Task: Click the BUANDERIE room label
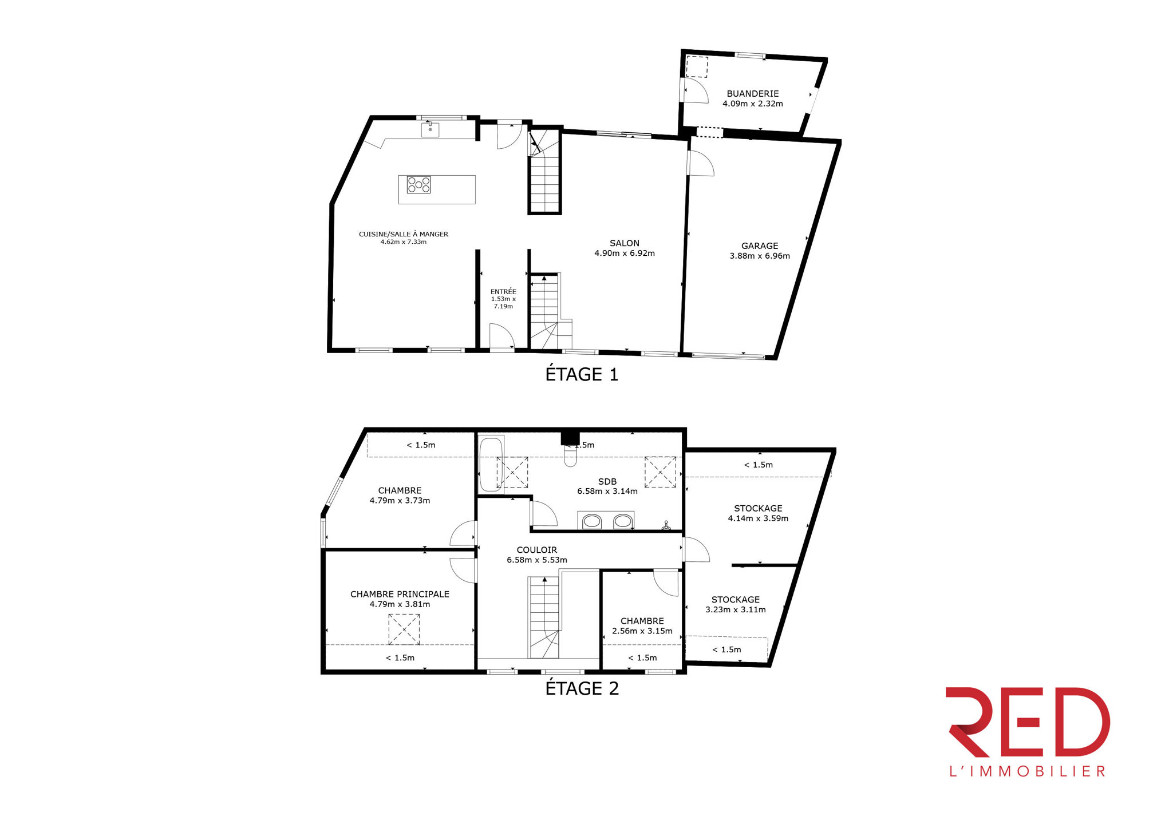[752, 93]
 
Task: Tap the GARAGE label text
[760, 245]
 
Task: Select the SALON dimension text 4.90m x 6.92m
[625, 253]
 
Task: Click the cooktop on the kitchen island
[418, 185]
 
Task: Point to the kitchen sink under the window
[430, 129]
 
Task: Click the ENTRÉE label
[503, 291]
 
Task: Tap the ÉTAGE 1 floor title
[582, 374]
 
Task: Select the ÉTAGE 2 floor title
[582, 688]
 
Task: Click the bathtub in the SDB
[491, 464]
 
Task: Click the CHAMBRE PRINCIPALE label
[400, 594]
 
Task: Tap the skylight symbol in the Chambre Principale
[404, 629]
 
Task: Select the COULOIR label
[536, 550]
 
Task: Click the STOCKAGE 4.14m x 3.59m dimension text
[758, 518]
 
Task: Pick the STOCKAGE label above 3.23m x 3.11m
[736, 600]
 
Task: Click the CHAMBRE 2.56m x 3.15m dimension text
[642, 631]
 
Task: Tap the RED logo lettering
[1028, 722]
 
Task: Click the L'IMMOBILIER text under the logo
[1028, 771]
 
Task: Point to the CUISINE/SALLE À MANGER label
[404, 234]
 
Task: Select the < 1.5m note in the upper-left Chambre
[421, 445]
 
